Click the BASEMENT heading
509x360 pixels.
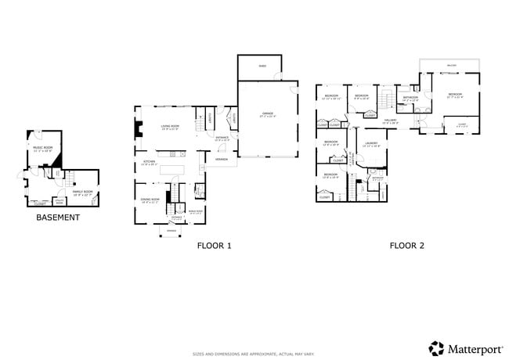click(58, 217)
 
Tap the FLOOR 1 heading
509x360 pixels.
click(214, 246)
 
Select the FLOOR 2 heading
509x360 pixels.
click(406, 246)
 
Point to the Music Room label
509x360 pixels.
click(42, 147)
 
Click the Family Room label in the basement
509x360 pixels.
click(82, 193)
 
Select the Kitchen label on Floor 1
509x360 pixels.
click(149, 164)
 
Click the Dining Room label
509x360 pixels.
click(150, 200)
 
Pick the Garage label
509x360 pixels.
click(268, 114)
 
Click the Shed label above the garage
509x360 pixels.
click(262, 67)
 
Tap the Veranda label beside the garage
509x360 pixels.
click(222, 159)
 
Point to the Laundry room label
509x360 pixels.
click(371, 144)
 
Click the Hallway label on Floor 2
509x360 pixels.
click(390, 121)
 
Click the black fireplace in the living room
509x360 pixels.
click(138, 129)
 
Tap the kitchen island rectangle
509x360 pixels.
click(171, 170)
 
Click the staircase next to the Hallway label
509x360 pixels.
click(385, 100)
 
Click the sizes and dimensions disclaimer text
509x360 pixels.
click(254, 355)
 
